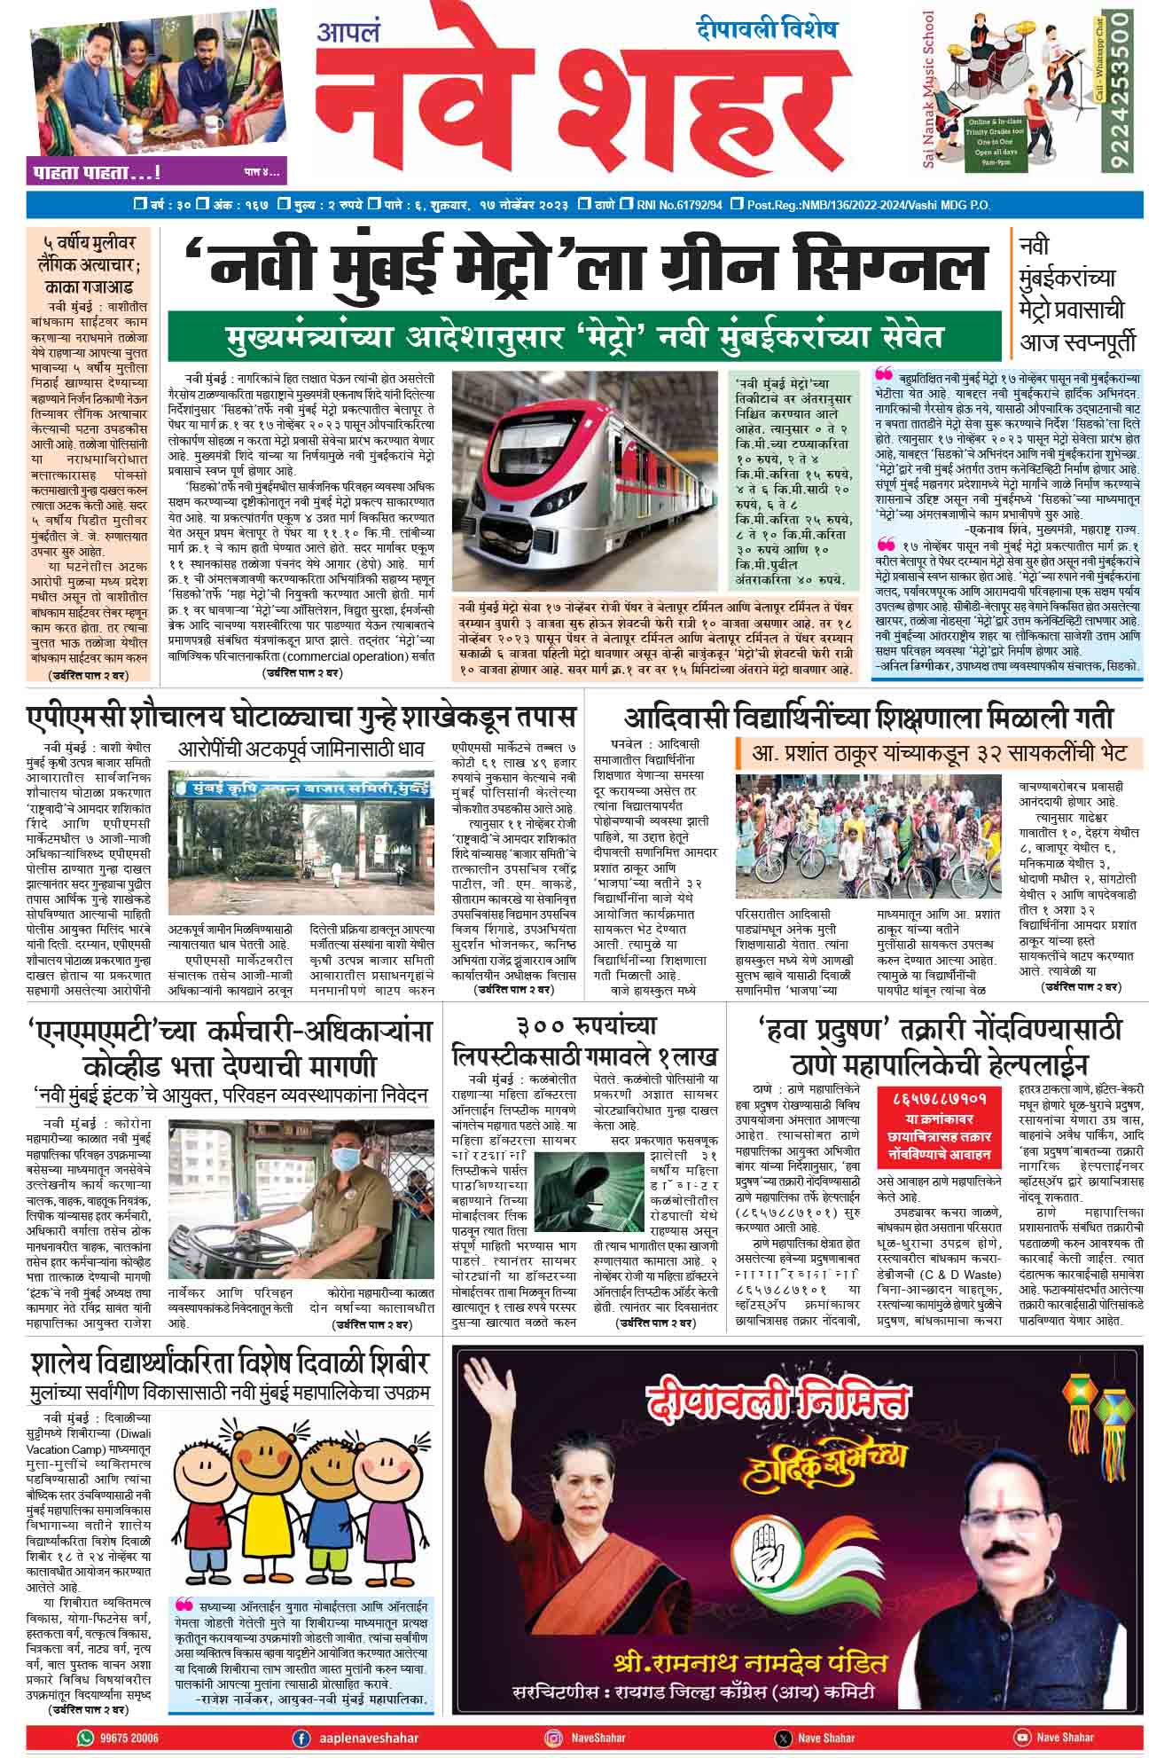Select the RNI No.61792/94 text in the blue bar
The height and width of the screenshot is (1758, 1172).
[678, 205]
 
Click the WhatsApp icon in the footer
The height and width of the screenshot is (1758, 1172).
[86, 1737]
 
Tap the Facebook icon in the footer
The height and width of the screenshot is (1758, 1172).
[301, 1737]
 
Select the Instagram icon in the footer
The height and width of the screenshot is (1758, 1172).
[554, 1737]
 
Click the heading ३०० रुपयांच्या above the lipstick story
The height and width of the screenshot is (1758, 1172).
[586, 1027]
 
